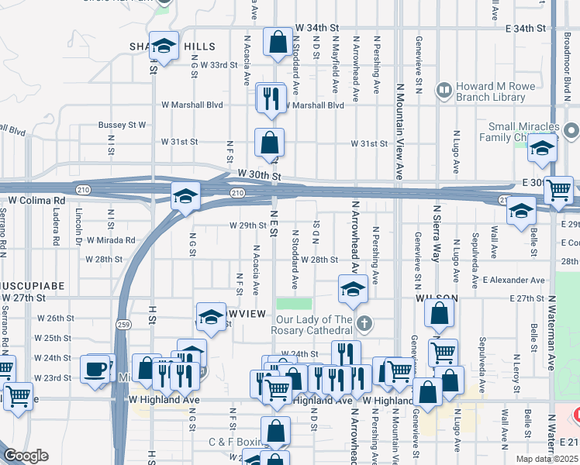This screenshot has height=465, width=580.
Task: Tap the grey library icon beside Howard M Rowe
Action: point(444,91)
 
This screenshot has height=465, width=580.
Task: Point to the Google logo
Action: point(26,456)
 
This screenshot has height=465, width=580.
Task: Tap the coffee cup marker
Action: point(95,369)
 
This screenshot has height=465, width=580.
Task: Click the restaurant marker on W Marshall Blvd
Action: point(270,98)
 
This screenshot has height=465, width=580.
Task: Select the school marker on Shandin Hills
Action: point(164,47)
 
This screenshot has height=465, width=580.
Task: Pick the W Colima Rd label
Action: point(36,200)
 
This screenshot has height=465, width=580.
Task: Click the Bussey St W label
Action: point(122,124)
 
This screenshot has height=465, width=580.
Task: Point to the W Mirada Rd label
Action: point(111,240)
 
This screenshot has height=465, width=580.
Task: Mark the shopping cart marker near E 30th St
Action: point(558,191)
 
